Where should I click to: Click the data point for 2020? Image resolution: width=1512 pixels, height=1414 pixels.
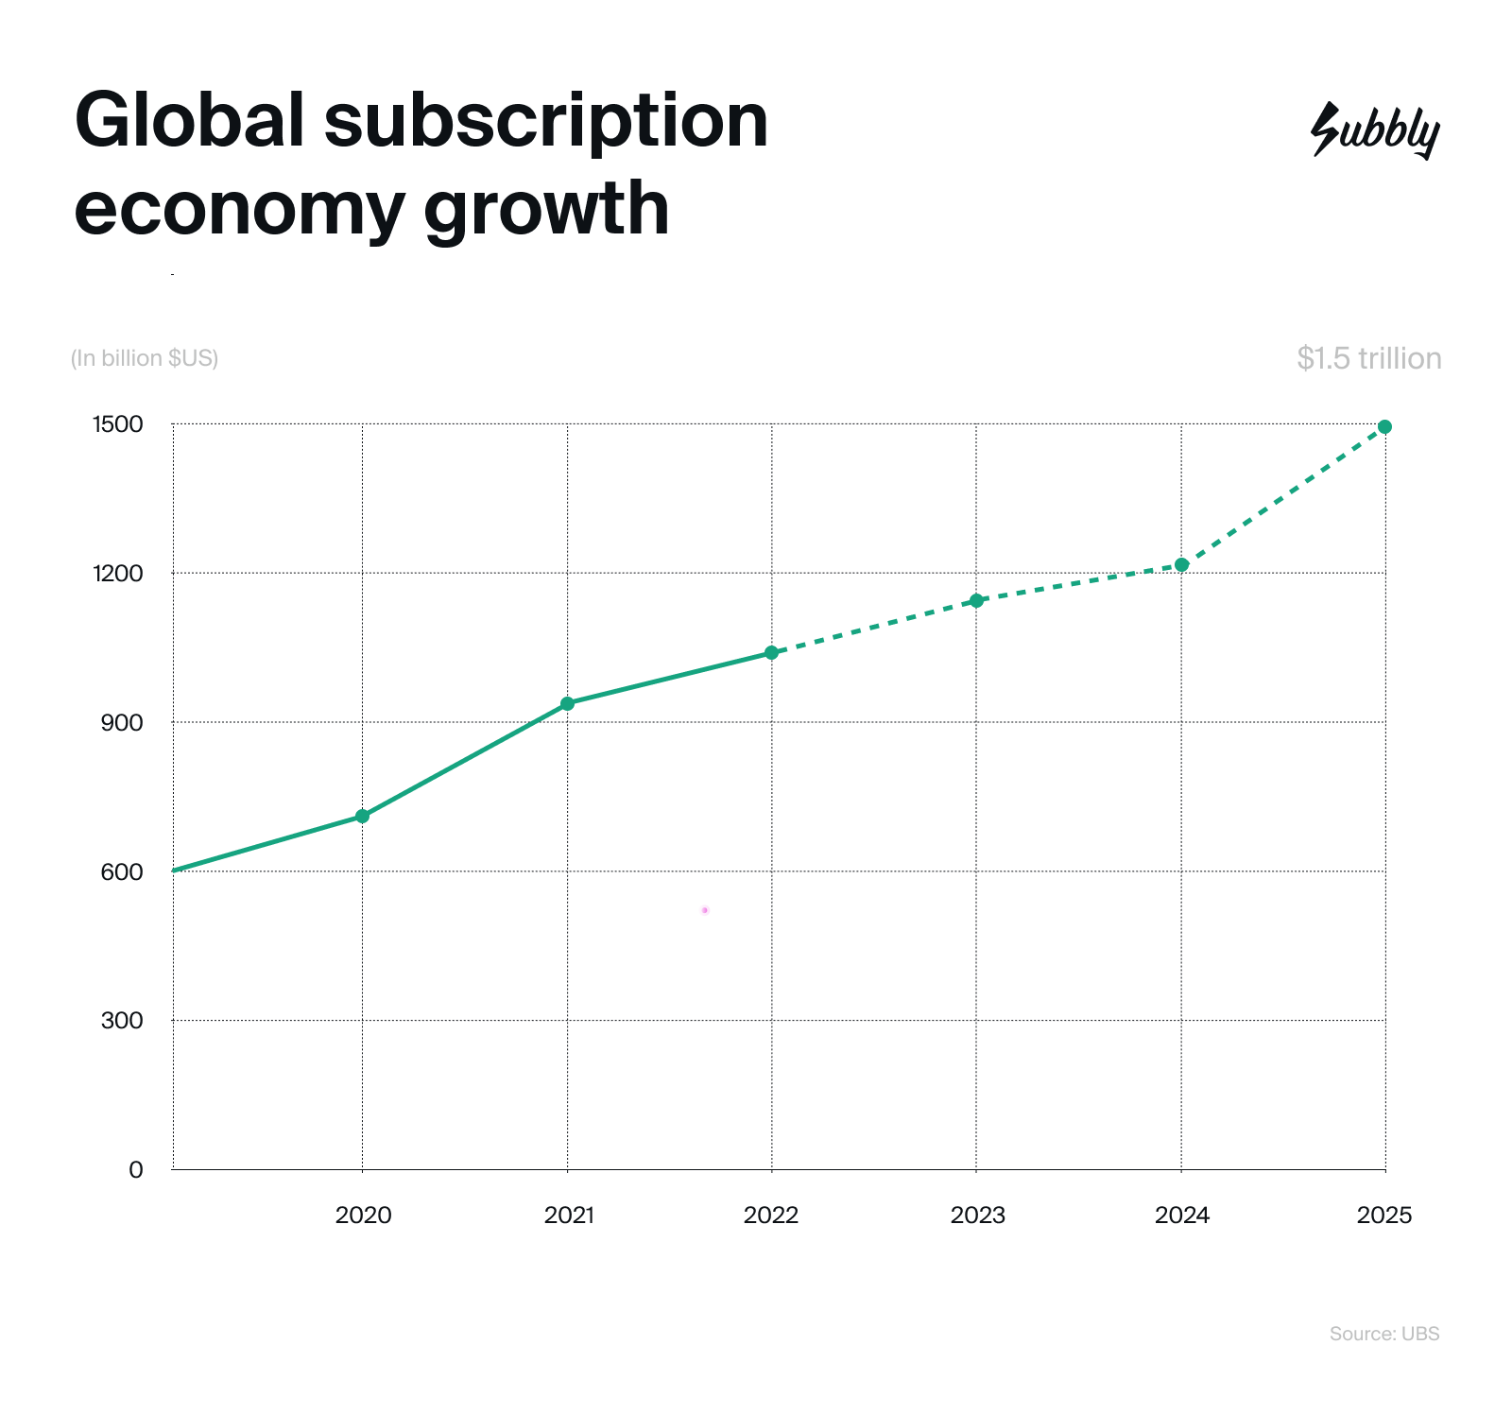click(x=362, y=816)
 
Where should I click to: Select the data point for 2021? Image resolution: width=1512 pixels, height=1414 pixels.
click(x=567, y=703)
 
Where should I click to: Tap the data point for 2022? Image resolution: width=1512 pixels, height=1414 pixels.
click(x=771, y=652)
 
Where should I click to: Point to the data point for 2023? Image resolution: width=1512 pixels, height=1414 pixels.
click(x=976, y=600)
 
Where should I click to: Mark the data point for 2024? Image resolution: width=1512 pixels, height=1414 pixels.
click(x=1181, y=564)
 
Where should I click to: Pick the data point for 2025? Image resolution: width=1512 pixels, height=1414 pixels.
click(x=1384, y=426)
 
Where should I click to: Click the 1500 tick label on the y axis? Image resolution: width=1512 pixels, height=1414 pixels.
click(x=117, y=424)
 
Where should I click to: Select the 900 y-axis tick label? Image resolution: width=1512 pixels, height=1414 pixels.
click(x=122, y=723)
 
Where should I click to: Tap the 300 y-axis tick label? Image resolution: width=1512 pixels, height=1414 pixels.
click(x=122, y=1021)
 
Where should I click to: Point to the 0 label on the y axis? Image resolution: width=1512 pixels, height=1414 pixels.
click(x=135, y=1170)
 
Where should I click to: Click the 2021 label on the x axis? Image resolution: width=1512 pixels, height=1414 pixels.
click(x=569, y=1216)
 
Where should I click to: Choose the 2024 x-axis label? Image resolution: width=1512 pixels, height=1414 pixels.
click(x=1181, y=1216)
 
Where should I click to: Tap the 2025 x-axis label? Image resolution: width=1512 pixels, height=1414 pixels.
click(x=1383, y=1216)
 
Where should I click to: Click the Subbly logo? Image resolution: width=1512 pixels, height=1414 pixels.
click(x=1375, y=130)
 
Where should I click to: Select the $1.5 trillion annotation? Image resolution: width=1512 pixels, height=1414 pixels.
click(x=1368, y=358)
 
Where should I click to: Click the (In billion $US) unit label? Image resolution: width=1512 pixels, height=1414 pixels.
click(x=145, y=358)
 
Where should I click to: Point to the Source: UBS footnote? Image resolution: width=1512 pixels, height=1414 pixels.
click(x=1383, y=1334)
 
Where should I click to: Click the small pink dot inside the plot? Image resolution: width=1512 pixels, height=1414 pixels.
click(x=705, y=910)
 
